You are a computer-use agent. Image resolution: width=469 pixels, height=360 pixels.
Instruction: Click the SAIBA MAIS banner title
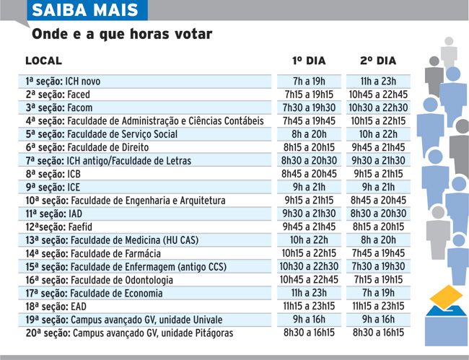click(85, 10)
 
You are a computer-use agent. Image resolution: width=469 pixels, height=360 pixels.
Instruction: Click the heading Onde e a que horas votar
click(122, 34)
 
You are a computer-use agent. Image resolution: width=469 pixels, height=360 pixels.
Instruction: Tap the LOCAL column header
click(44, 61)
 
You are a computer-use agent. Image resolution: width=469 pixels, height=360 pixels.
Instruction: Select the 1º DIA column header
click(309, 61)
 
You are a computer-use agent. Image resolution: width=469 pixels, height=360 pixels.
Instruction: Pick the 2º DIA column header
click(378, 61)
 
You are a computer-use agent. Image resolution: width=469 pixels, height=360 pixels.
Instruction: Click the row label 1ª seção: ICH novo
click(63, 82)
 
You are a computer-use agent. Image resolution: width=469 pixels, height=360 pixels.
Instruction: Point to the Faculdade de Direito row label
click(87, 147)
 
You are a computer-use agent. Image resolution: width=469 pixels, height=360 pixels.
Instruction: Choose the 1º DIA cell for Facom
click(309, 107)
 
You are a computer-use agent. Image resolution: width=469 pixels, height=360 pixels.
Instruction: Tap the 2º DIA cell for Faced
click(378, 95)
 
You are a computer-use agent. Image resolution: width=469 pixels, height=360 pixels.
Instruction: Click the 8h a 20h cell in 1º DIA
click(309, 134)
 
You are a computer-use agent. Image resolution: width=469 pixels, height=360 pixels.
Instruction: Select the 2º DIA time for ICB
click(378, 174)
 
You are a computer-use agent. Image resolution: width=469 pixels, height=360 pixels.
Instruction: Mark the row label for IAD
click(54, 214)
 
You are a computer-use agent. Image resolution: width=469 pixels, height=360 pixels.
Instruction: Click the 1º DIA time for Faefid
click(309, 227)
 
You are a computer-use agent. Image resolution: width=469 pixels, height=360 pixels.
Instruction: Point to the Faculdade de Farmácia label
click(93, 253)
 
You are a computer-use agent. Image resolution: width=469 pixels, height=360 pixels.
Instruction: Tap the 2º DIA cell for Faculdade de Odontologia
click(378, 280)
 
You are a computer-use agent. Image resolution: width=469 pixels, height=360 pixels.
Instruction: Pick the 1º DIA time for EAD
click(309, 306)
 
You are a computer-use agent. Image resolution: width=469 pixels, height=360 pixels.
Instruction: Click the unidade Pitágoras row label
click(129, 333)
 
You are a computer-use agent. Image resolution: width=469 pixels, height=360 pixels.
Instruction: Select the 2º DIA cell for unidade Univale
click(378, 320)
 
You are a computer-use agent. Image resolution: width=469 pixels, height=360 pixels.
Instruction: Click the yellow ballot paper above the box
click(446, 297)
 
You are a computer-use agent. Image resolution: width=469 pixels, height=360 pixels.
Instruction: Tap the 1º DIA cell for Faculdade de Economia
click(309, 293)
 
